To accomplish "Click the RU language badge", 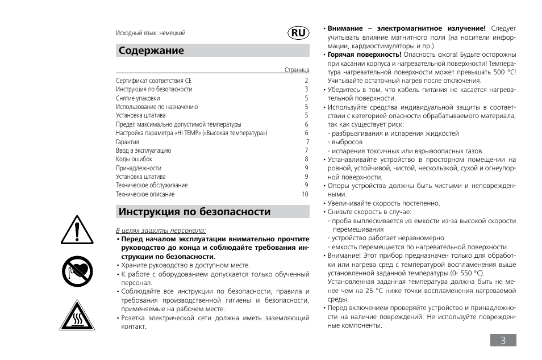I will click(x=299, y=33).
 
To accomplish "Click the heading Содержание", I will click(x=151, y=51).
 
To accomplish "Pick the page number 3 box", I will click(x=503, y=340).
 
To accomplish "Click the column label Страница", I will click(x=297, y=70).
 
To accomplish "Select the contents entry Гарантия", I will click(x=127, y=142).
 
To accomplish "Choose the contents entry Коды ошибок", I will click(x=134, y=160).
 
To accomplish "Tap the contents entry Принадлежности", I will click(x=139, y=168).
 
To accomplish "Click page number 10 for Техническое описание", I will click(x=305, y=194).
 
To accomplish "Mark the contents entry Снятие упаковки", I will click(x=138, y=98).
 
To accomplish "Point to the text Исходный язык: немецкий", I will click(x=151, y=34).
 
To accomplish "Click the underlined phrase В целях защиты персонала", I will click(x=161, y=231).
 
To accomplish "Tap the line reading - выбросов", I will click(x=345, y=142).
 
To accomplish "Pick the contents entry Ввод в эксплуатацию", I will click(x=143, y=151).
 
